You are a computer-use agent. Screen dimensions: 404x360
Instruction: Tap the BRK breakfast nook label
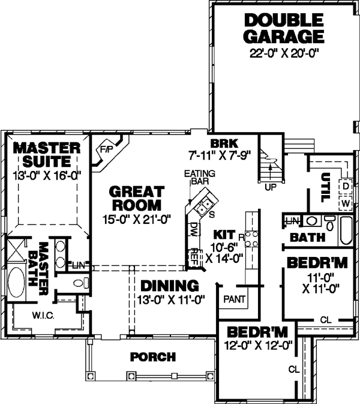(224, 143)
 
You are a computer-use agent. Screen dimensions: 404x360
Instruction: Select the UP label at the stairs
(270, 187)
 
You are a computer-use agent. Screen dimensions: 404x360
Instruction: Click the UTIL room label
(326, 185)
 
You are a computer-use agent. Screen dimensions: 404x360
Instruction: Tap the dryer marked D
(346, 186)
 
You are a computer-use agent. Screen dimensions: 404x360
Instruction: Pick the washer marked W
(346, 203)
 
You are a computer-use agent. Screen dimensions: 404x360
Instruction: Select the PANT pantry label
(233, 298)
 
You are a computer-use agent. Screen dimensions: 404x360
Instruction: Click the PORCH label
(153, 357)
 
